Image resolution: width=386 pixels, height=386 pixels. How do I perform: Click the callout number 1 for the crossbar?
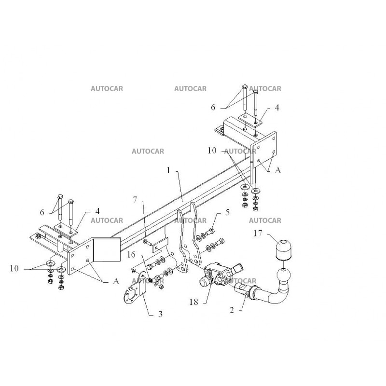[x=168, y=170]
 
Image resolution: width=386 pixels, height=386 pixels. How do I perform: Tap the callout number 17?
[x=258, y=233]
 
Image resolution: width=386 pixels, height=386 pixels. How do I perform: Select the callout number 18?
[x=194, y=302]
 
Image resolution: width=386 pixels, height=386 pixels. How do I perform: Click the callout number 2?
[x=232, y=310]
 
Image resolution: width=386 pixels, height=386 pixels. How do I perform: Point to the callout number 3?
[x=161, y=314]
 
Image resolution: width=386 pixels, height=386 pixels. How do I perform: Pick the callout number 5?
[x=227, y=212]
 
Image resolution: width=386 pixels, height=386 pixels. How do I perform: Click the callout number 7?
[x=135, y=200]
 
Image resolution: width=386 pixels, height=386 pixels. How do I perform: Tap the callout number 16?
[x=131, y=254]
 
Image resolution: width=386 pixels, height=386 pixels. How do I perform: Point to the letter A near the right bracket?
[x=278, y=170]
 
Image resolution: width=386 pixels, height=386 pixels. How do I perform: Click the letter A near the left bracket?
[x=116, y=281]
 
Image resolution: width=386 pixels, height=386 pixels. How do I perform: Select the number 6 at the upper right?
[x=213, y=107]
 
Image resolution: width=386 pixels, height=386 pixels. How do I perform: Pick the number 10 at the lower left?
[x=14, y=268]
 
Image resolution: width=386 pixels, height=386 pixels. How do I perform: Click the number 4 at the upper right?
[x=277, y=108]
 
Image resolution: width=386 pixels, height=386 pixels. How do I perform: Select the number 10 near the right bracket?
[x=212, y=151]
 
